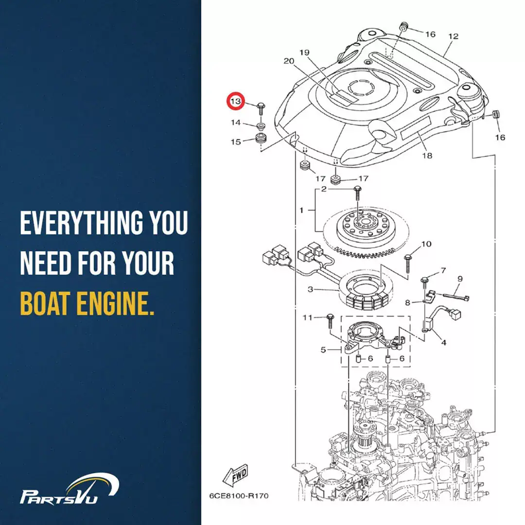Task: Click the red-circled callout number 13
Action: [236, 101]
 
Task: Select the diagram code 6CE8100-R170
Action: [239, 495]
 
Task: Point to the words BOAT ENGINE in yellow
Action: [87, 303]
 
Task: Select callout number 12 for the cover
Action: [453, 36]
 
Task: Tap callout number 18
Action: [427, 156]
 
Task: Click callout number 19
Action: [304, 52]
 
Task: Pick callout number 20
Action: [289, 61]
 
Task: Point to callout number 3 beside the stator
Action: [310, 289]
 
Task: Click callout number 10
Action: [426, 244]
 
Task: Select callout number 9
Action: [460, 279]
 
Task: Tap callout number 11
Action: [307, 317]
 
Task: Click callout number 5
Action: [323, 350]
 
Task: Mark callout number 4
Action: [444, 343]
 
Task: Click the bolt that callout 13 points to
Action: [261, 109]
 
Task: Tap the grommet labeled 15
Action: [261, 138]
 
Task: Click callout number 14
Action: [236, 122]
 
